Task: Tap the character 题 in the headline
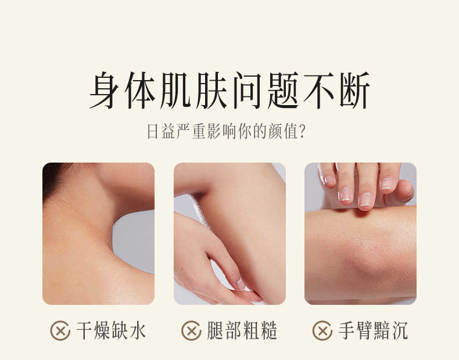(x=283, y=90)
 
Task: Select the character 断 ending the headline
(x=354, y=90)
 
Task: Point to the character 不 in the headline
(x=319, y=90)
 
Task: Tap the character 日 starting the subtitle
(x=152, y=131)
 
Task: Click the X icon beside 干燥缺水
(x=60, y=331)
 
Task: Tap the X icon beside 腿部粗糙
(x=192, y=331)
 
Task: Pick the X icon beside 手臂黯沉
(x=322, y=331)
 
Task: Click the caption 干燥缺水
(x=111, y=331)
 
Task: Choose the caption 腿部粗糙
(x=242, y=331)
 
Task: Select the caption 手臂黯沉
(x=373, y=331)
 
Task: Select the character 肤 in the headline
(x=212, y=90)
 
